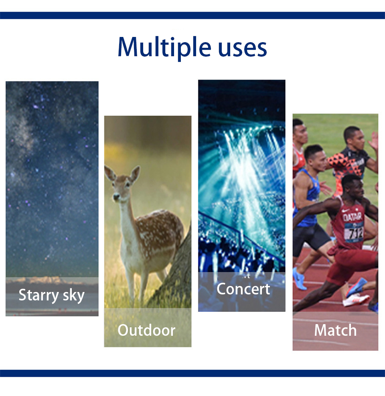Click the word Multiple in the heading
164,47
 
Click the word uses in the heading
242,48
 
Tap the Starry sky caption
51,295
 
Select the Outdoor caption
146,330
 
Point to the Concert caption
243,289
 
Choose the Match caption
335,330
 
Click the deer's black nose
116,196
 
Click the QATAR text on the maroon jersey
352,217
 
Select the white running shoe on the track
355,300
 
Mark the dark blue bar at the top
192,15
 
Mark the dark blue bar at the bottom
192,373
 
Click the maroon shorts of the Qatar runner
351,264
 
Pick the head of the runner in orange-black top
354,138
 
